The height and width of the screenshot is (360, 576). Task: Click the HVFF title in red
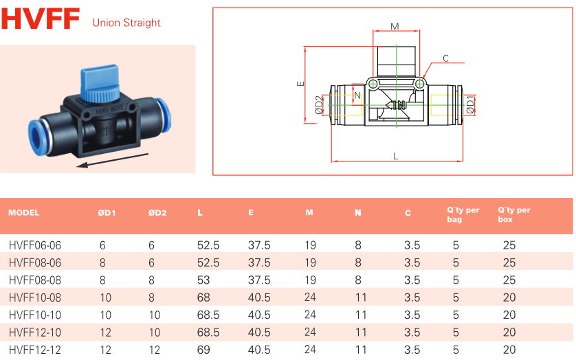point(41,19)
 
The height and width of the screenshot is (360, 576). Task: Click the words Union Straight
point(126,23)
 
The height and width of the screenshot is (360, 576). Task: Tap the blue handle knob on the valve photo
point(100,84)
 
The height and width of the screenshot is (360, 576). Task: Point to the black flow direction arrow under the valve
point(113,160)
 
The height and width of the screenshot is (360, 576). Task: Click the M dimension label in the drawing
point(395,26)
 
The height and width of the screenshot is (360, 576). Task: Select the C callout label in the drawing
point(445,58)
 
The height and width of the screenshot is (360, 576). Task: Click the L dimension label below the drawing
point(396,156)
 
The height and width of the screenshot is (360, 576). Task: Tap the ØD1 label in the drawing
point(470,105)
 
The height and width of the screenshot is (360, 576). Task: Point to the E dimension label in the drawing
point(300,83)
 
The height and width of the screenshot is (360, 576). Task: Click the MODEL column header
point(24,213)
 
